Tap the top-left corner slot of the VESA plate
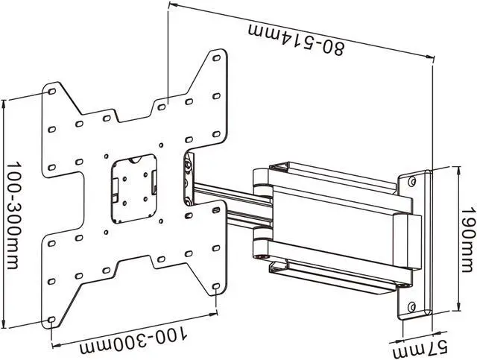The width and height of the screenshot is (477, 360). point(53,89)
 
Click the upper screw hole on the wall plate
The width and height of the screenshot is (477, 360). point(412,180)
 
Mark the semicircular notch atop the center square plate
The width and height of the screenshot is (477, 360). point(134,159)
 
